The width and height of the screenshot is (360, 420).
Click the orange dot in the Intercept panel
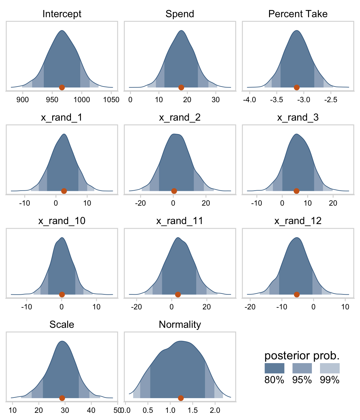(x=62, y=87)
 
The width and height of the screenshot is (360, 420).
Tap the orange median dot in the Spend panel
(x=181, y=87)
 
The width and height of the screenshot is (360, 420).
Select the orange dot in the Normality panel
(x=181, y=398)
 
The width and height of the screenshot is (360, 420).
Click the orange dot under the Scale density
(x=62, y=398)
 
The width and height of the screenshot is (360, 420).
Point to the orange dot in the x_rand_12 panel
(x=297, y=294)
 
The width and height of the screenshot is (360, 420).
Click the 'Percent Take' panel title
(x=298, y=14)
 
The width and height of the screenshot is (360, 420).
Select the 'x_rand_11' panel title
(x=180, y=221)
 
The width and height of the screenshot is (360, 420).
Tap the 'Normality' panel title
(x=180, y=324)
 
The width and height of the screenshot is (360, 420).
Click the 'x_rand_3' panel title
(x=298, y=117)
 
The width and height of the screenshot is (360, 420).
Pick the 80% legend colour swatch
(x=274, y=368)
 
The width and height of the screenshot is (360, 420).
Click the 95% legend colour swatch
(x=302, y=368)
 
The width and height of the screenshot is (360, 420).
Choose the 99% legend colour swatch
(x=330, y=368)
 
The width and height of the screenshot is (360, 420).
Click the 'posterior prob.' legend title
(x=302, y=356)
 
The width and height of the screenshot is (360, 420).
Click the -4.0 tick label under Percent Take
(x=249, y=100)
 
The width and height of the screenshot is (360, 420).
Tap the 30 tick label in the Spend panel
(x=216, y=100)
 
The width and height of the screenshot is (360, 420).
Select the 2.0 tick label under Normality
(x=215, y=410)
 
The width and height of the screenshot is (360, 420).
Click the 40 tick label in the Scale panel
(x=91, y=410)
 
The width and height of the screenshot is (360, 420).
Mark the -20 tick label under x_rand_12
(x=250, y=307)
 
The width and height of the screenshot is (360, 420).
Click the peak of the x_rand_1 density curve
(x=64, y=134)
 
